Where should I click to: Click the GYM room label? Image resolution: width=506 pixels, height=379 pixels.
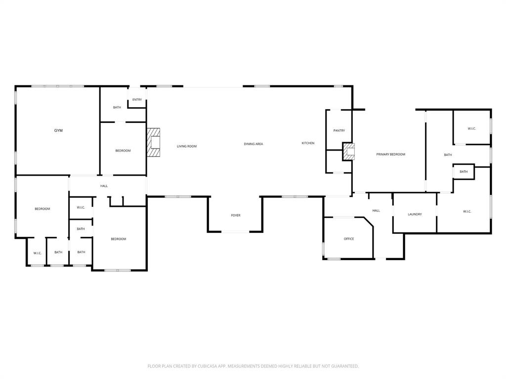[58, 131]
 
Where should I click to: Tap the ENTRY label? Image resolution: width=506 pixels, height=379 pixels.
[137, 100]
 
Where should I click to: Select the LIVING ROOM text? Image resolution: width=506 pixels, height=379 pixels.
[187, 146]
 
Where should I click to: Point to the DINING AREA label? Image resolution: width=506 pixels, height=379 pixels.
[253, 144]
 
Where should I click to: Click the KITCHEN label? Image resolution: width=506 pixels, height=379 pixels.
[308, 143]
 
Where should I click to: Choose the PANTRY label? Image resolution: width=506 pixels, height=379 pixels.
[339, 131]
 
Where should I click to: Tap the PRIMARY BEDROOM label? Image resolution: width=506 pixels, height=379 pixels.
[390, 154]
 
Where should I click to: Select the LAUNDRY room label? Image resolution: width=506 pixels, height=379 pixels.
[415, 214]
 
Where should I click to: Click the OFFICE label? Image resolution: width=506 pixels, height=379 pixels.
[349, 239]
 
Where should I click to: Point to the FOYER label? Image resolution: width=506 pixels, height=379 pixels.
[236, 216]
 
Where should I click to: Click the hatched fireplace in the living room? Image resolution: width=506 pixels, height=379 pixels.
[154, 143]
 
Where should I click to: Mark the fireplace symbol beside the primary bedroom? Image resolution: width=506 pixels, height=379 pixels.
[349, 152]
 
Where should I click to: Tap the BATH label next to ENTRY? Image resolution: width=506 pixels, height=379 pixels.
[117, 108]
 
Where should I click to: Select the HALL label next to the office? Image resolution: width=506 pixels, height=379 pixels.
[376, 211]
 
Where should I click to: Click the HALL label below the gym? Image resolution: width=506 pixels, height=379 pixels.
[104, 186]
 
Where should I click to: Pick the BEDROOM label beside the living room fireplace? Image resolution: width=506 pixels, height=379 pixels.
[123, 151]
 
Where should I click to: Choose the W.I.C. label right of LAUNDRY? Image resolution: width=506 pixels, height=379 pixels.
[467, 212]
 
